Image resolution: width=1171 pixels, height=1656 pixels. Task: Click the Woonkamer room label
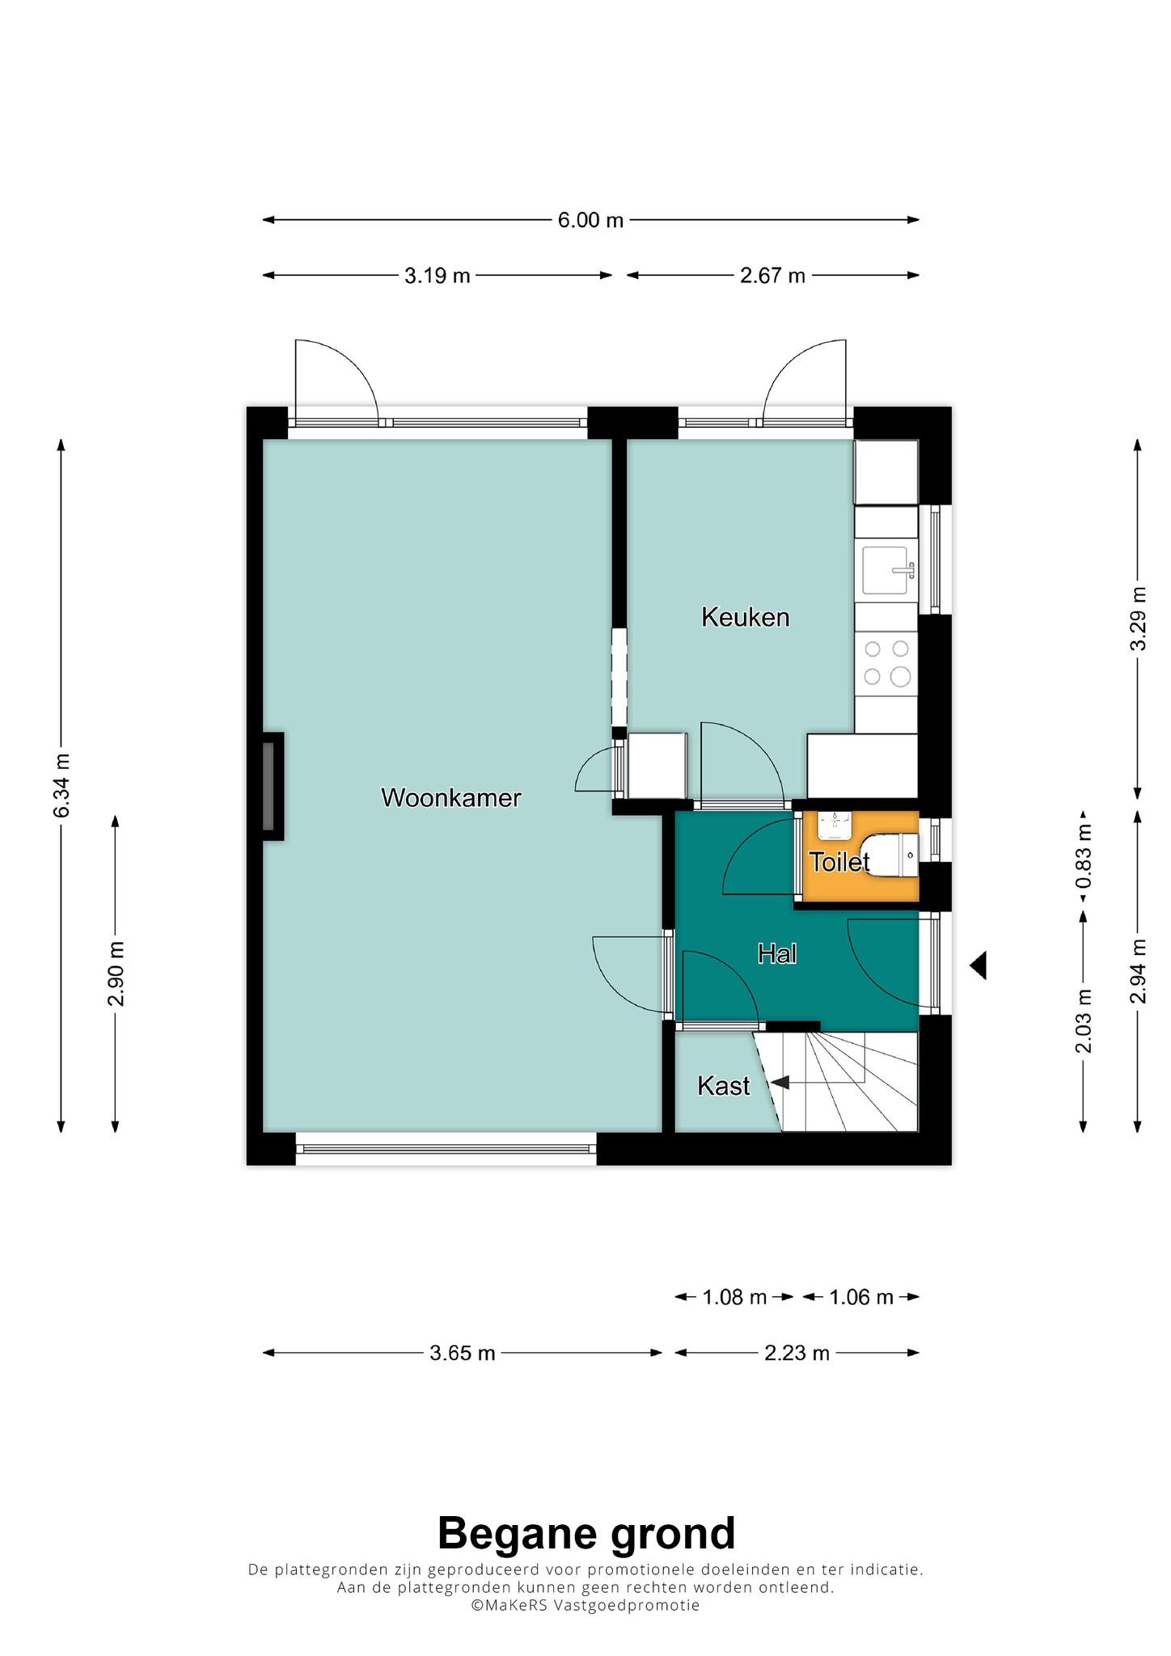[x=451, y=798]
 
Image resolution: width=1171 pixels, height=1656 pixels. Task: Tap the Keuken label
[x=745, y=618]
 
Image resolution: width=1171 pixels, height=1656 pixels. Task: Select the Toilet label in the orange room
[x=839, y=862]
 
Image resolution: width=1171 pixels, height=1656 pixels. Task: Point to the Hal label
[x=777, y=954]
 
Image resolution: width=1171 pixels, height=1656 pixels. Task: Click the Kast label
[x=724, y=1086]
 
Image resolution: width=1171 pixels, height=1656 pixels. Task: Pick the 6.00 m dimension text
[x=591, y=220]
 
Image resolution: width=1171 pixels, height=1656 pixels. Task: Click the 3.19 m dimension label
[x=438, y=276]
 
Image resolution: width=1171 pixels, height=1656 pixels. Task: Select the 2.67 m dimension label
[x=773, y=276]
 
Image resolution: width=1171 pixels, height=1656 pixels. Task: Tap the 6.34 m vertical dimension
[x=62, y=784]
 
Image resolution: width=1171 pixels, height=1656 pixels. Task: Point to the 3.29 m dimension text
[x=1139, y=619]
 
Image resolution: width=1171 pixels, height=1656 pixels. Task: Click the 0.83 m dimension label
[x=1084, y=855]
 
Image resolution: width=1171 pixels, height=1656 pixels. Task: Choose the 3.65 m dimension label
[x=463, y=1354]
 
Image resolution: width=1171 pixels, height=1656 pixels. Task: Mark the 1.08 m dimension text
[x=734, y=1298]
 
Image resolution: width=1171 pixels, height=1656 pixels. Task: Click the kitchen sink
[x=888, y=570]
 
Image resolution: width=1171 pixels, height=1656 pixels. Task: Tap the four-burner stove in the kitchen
[x=887, y=662]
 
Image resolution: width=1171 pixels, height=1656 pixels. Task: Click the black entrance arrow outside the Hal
[x=978, y=965]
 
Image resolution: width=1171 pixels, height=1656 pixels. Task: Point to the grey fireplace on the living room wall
[x=268, y=786]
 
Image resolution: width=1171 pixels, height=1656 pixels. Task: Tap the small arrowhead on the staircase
[x=780, y=1082]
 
